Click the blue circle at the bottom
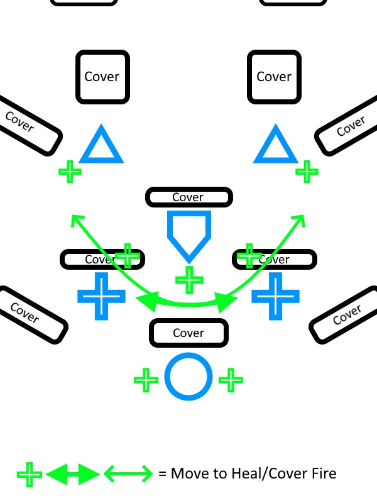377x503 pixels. click(187, 377)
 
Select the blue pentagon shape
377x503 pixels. click(188, 234)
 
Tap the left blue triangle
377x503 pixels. click(100, 146)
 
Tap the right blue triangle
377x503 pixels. click(275, 146)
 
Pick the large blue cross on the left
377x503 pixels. click(101, 295)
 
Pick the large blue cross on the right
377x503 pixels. click(275, 295)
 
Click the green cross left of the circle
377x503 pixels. click(146, 379)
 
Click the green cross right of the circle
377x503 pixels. click(231, 379)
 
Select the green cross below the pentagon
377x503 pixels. click(188, 279)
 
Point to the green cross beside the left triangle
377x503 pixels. click(70, 171)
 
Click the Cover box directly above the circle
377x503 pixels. click(188, 333)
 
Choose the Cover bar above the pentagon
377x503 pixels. click(188, 197)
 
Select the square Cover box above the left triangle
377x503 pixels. click(102, 77)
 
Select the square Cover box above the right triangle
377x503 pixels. click(274, 77)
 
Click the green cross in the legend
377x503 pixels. click(30, 474)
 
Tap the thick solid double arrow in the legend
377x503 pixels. click(73, 473)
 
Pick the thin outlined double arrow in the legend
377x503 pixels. click(128, 473)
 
